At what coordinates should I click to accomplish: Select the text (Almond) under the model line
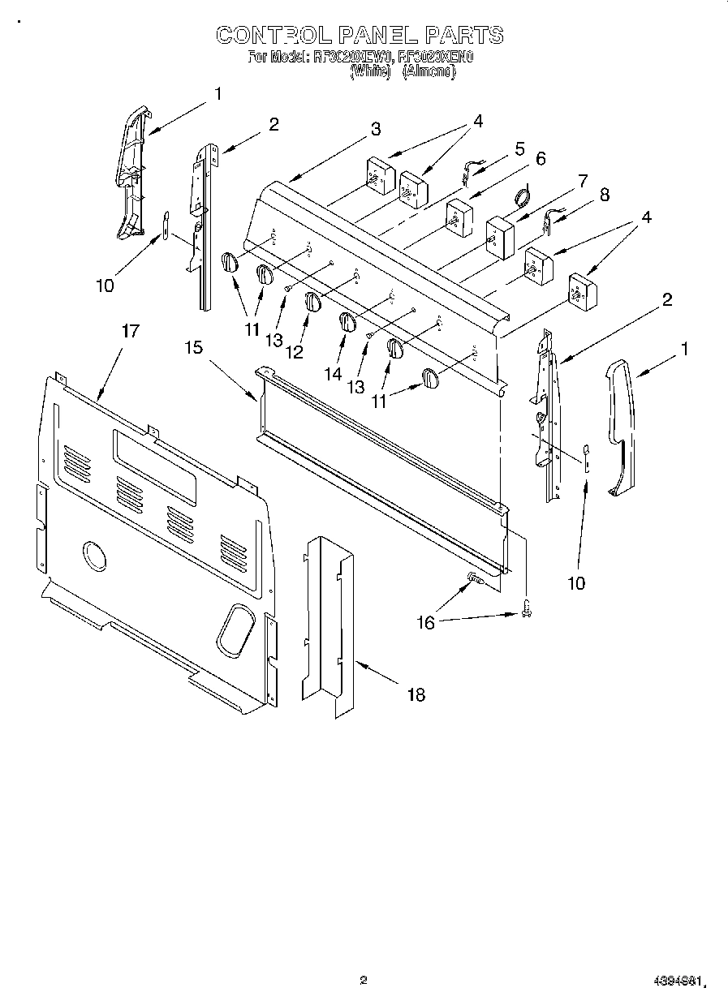pyautogui.click(x=429, y=71)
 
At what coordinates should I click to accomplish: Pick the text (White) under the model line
pyautogui.click(x=370, y=71)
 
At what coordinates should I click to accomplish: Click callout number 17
pyautogui.click(x=131, y=331)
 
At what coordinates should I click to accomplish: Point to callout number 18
pyautogui.click(x=415, y=694)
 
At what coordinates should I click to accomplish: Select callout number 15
pyautogui.click(x=194, y=347)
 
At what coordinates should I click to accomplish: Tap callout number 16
pyautogui.click(x=425, y=623)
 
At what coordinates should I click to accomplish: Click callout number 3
pyautogui.click(x=376, y=129)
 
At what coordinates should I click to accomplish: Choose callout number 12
pyautogui.click(x=293, y=352)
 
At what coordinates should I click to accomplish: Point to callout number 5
pyautogui.click(x=519, y=148)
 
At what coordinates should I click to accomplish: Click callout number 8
pyautogui.click(x=604, y=195)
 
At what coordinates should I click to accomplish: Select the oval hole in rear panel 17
pyautogui.click(x=236, y=627)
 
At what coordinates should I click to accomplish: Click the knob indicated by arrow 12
pyautogui.click(x=313, y=301)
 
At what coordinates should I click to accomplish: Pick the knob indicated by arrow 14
pyautogui.click(x=347, y=321)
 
